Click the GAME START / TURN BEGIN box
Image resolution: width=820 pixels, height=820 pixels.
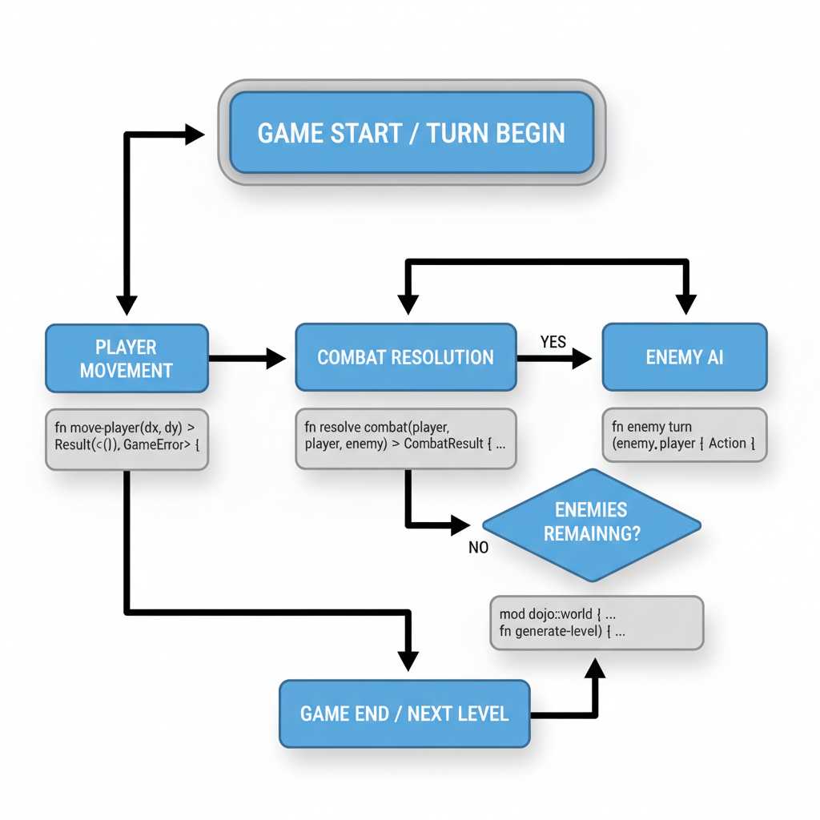pos(412,132)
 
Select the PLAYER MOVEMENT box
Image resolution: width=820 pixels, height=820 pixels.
pos(127,358)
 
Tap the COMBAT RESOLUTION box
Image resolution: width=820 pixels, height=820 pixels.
pos(405,357)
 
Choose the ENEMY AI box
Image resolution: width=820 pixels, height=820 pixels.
pos(684,357)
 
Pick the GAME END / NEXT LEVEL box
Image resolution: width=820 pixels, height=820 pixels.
pos(404,713)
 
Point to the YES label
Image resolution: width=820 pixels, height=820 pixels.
pos(553,342)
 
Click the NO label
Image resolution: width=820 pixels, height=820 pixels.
pos(479,548)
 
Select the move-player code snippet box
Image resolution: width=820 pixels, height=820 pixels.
pos(127,436)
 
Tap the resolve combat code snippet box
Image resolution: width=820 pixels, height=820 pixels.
pos(405,438)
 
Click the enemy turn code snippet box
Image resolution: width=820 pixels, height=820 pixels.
pos(684,435)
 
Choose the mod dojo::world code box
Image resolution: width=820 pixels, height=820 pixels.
pos(596,622)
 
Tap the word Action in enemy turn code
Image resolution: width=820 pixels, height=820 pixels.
pos(727,443)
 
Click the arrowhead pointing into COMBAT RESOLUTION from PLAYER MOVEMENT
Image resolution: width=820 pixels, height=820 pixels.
pos(275,358)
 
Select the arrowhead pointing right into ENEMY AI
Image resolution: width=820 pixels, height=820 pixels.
pos(581,358)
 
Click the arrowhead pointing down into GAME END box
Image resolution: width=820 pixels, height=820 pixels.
pos(408,660)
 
